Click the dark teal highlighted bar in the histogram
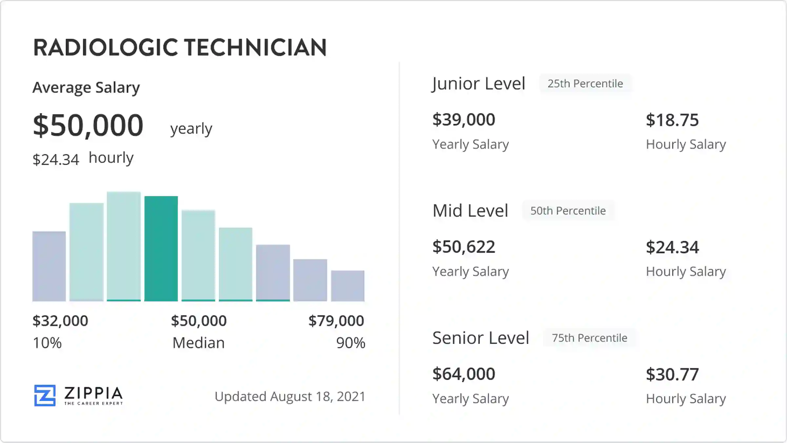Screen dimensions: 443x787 tap(161, 248)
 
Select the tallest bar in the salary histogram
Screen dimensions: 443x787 tap(124, 246)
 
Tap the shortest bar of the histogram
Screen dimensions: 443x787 tap(348, 285)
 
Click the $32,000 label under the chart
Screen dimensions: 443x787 tap(60, 321)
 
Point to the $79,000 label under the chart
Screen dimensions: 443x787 tap(336, 321)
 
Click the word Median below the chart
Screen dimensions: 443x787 tap(198, 343)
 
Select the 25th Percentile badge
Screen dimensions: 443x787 tap(585, 84)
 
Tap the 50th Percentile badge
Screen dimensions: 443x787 tap(568, 211)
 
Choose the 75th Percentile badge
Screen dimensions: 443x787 tap(589, 338)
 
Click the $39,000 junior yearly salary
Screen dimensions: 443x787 tap(464, 119)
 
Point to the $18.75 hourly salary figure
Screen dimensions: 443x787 tap(672, 120)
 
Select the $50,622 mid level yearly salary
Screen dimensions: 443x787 tap(464, 247)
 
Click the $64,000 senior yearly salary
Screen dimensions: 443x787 tap(464, 374)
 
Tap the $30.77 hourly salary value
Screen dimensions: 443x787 tap(672, 374)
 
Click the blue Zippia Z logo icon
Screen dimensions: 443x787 tap(45, 395)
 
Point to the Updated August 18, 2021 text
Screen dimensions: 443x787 tap(290, 396)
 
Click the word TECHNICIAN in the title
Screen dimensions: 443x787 tap(255, 48)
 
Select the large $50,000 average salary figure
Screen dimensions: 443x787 tap(88, 125)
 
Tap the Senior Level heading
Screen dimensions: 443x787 tap(481, 338)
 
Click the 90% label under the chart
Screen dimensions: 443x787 tap(351, 343)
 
